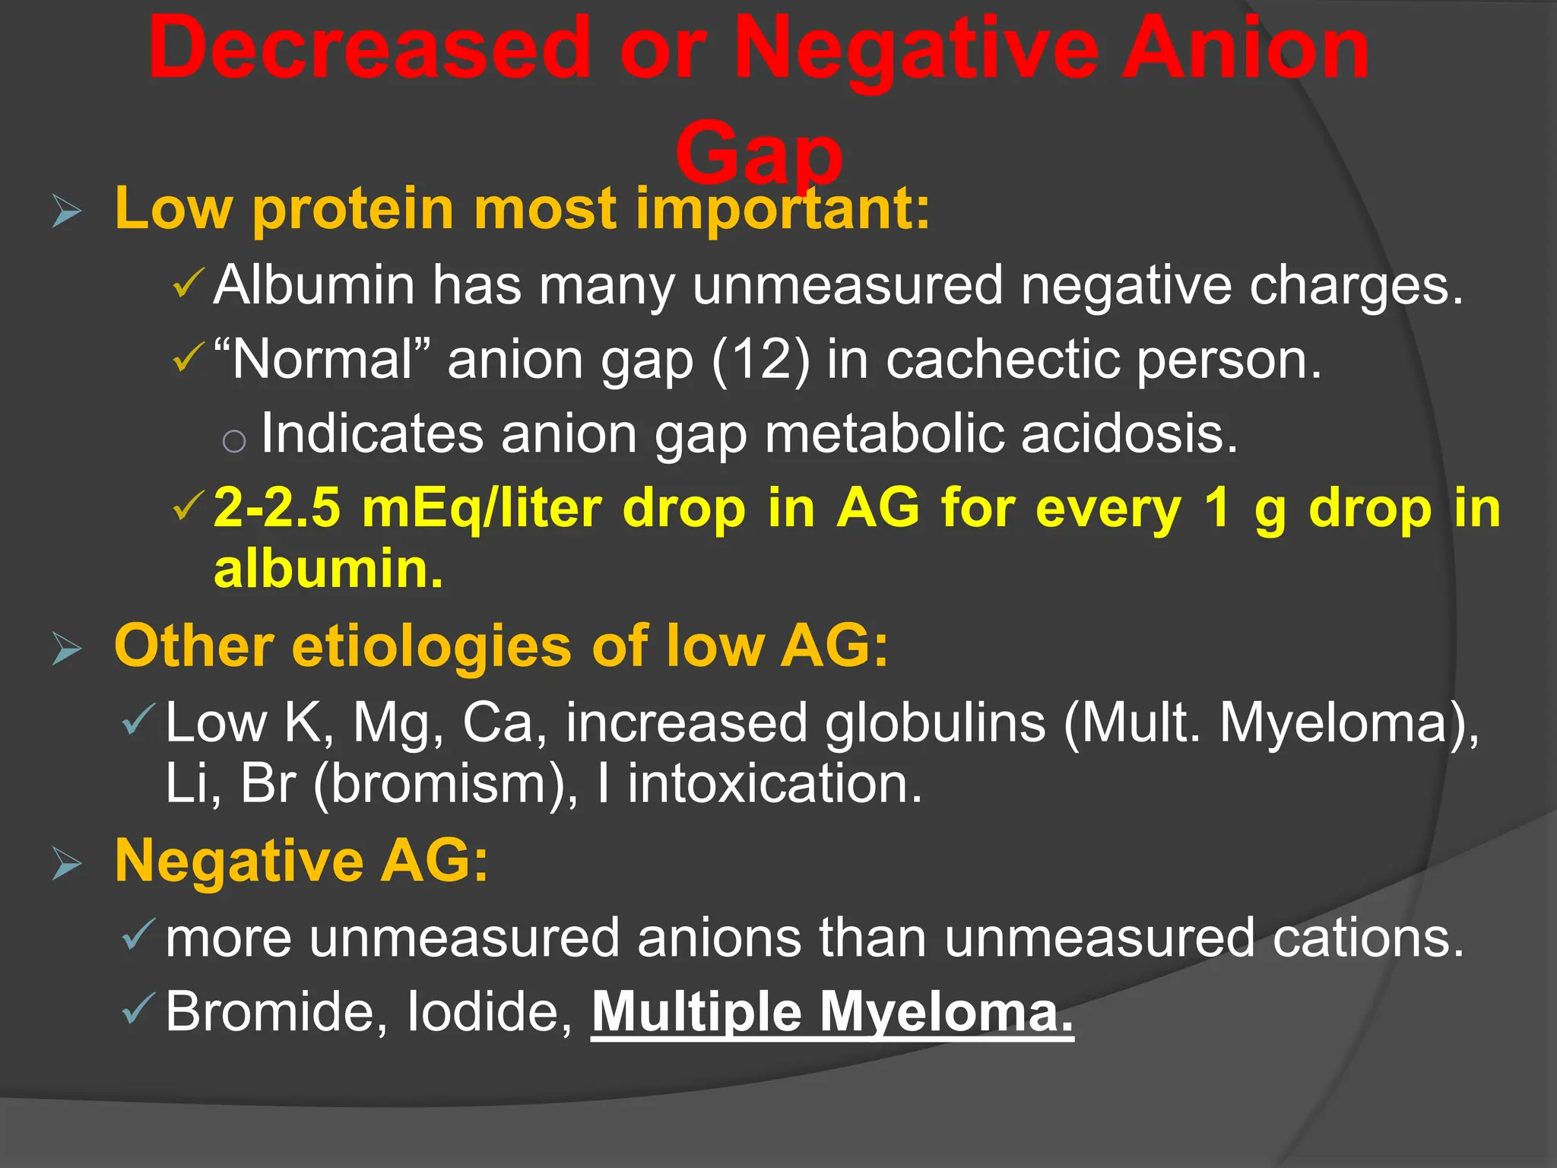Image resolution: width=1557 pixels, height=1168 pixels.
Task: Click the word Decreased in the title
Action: coord(369,49)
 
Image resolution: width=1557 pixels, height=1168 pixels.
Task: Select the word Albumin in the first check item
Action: coord(314,285)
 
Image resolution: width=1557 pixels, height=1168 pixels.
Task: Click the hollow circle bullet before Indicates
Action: coord(234,441)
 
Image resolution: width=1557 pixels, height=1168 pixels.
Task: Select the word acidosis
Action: coord(1130,433)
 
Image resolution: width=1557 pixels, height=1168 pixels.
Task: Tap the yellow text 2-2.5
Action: coord(277,508)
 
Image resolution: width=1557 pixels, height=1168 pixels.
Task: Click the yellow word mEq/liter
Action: coord(482,508)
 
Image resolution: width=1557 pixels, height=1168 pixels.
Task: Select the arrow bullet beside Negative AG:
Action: coord(67,865)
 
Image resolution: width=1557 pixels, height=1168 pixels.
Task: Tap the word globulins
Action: coord(935,722)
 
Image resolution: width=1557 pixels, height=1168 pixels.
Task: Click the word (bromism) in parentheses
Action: coord(445,783)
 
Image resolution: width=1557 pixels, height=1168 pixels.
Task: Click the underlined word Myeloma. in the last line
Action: coord(946,1011)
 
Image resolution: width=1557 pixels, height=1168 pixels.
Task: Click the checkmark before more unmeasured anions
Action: coord(138,935)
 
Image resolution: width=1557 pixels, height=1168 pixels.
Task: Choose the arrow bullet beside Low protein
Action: coord(67,211)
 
